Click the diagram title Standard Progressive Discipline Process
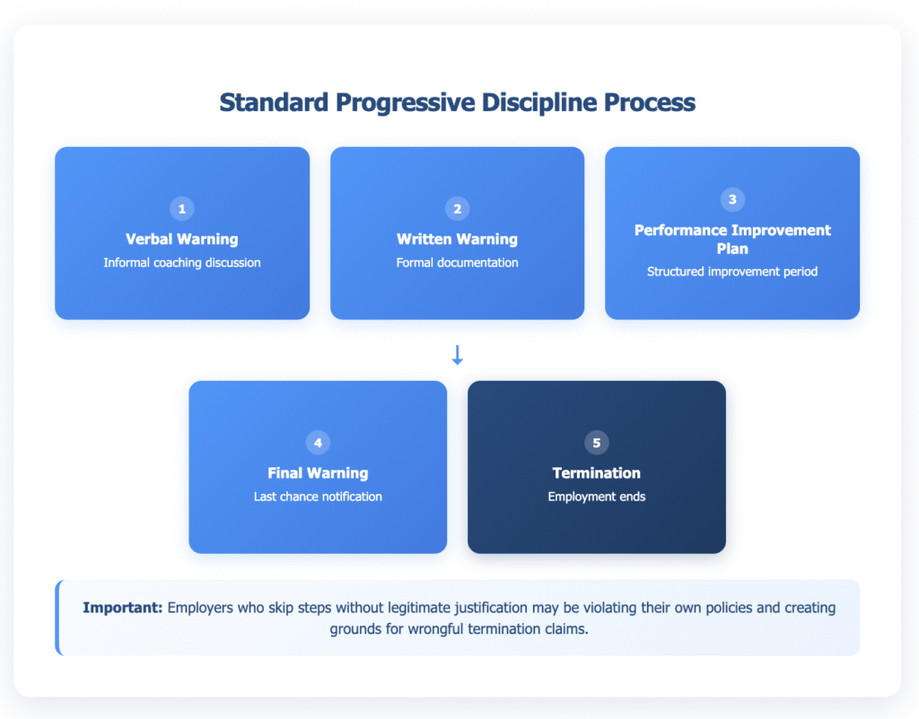tap(457, 102)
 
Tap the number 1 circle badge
tap(182, 209)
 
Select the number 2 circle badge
tap(457, 209)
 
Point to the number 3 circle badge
tap(732, 200)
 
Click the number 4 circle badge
tap(318, 443)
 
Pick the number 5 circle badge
tap(596, 443)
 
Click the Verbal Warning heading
tap(182, 239)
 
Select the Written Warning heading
tap(457, 239)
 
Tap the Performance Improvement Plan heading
tap(732, 239)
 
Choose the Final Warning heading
tap(318, 472)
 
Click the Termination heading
tap(596, 472)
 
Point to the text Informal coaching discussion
tap(182, 263)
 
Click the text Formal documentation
tap(457, 263)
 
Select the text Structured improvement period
tap(732, 271)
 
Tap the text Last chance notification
tap(318, 496)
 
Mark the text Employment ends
tap(596, 496)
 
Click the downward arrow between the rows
tap(457, 355)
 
